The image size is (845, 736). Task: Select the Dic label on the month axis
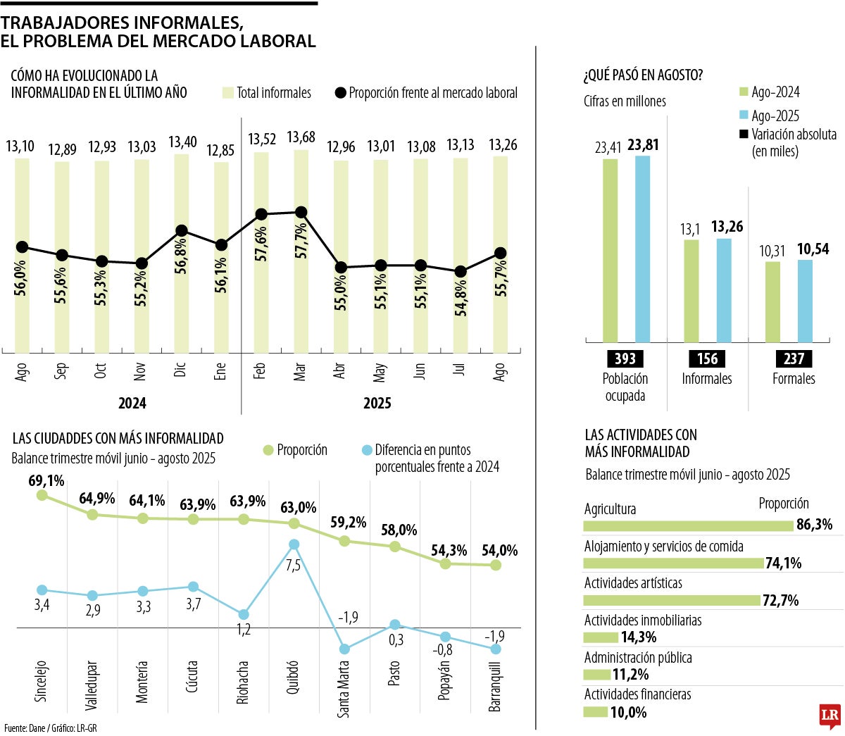[x=180, y=369]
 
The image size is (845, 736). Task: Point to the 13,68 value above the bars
[x=301, y=137]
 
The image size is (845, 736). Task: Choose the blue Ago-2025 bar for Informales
[x=724, y=290]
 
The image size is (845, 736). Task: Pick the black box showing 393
[x=625, y=358]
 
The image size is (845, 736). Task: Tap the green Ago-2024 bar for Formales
[x=772, y=301]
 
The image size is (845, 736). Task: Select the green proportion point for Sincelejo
[x=42, y=495]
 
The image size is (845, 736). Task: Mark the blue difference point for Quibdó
[x=294, y=544]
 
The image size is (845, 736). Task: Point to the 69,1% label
[x=46, y=481]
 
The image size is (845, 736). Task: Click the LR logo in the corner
[x=830, y=716]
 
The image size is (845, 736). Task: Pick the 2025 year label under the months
[x=377, y=404]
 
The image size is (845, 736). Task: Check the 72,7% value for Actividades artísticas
[x=780, y=601]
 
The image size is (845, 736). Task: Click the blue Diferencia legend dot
[x=366, y=450]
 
